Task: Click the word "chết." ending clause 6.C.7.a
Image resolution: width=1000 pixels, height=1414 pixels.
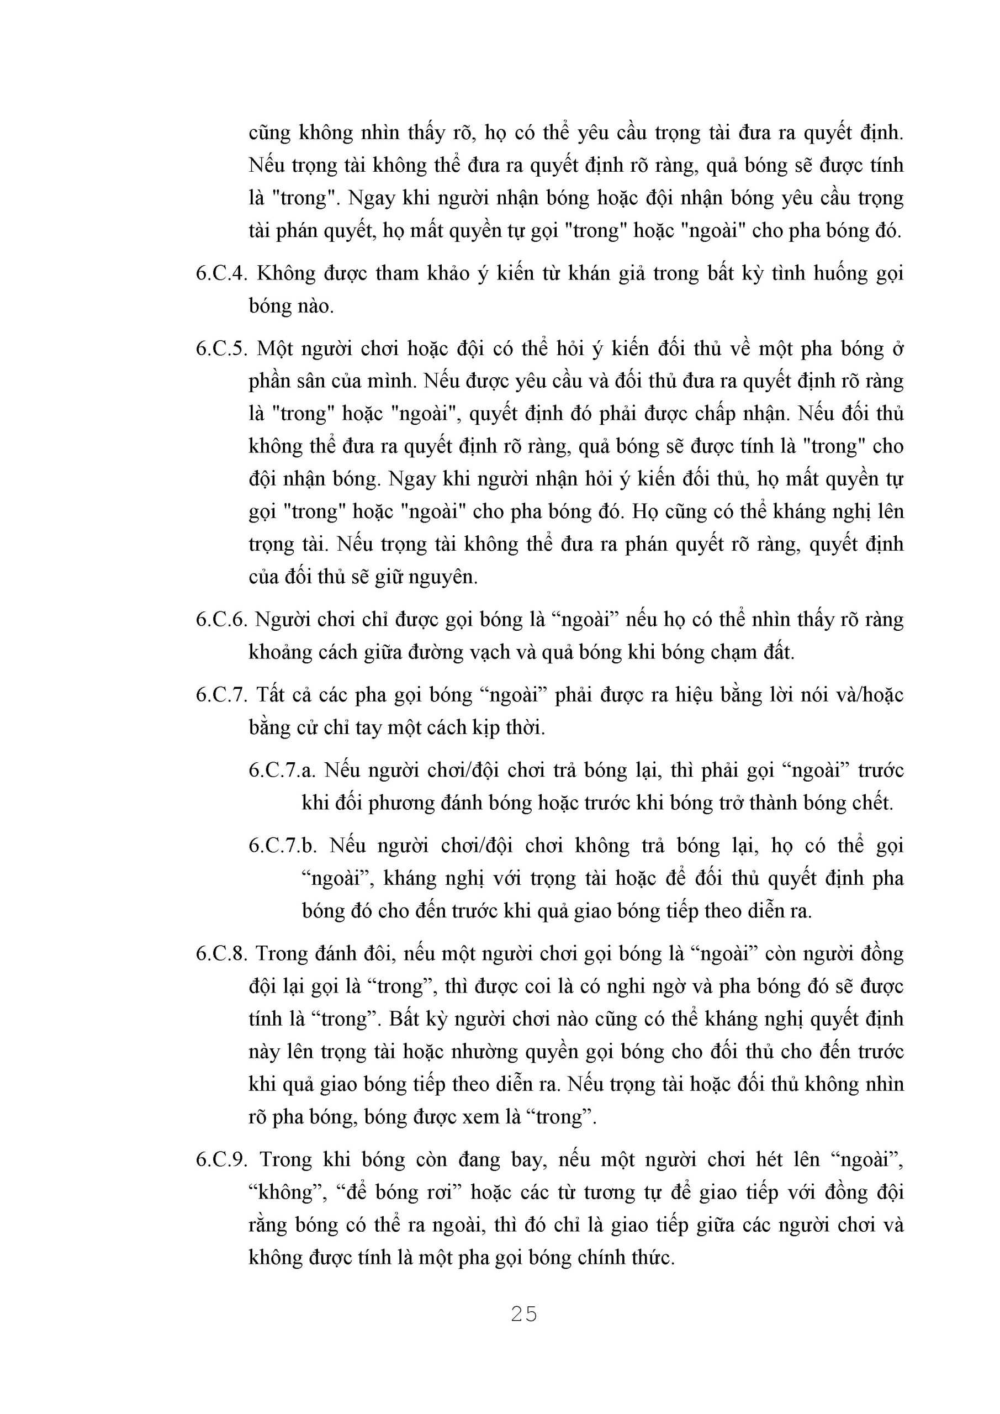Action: pyautogui.click(x=870, y=803)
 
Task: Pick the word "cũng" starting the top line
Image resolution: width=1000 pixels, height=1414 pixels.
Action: pyautogui.click(x=269, y=133)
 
